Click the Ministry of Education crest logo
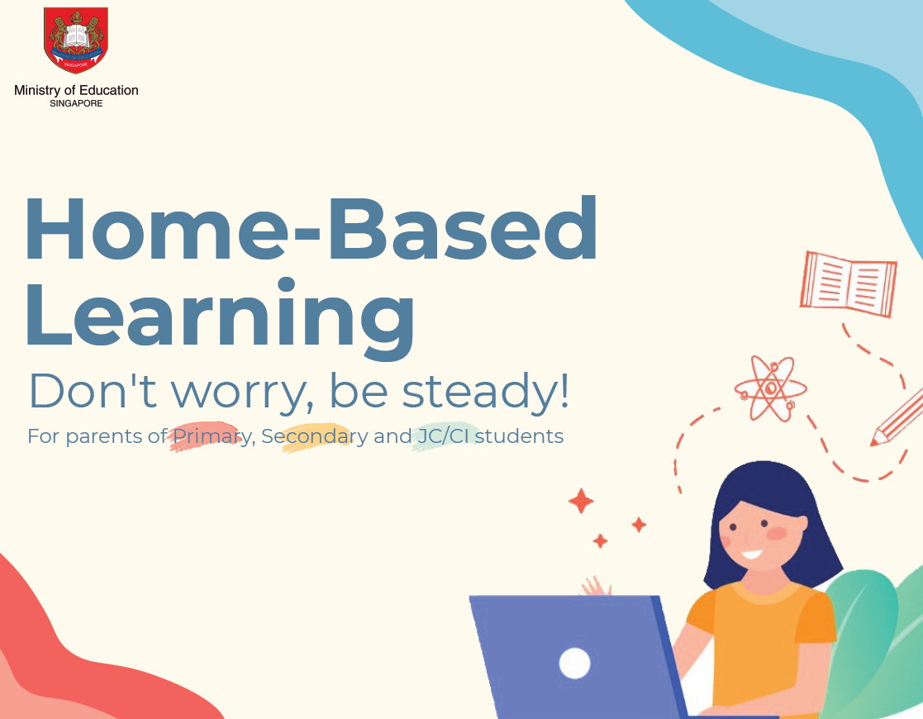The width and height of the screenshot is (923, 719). (x=76, y=40)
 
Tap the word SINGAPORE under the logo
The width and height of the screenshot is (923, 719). (x=76, y=103)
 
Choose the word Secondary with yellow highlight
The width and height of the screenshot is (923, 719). (x=314, y=436)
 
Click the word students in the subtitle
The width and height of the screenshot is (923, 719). (x=519, y=436)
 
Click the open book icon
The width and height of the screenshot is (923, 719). (x=849, y=283)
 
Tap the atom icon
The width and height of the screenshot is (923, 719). (x=770, y=388)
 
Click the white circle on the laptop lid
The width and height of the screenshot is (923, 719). (x=574, y=663)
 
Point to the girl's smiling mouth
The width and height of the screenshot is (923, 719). (x=752, y=554)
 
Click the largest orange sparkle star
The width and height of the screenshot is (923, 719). (x=581, y=501)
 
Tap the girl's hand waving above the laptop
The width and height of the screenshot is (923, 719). (x=597, y=586)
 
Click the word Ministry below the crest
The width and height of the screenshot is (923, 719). (x=37, y=91)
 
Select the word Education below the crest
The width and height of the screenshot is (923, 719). (x=108, y=90)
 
